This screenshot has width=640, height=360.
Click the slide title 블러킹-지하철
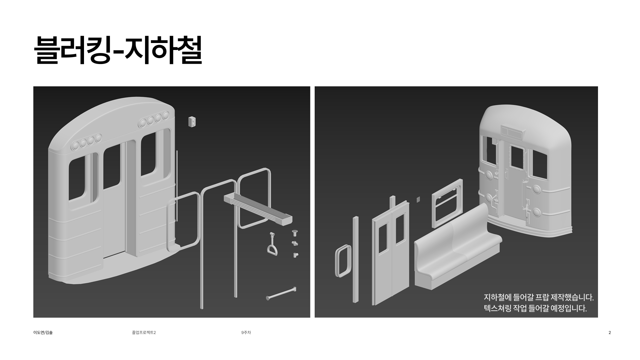[x=118, y=50]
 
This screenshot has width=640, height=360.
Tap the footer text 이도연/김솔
[x=43, y=332]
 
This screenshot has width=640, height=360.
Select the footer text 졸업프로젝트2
[x=144, y=332]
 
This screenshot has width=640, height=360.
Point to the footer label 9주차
[x=246, y=332]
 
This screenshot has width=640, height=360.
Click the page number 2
[x=610, y=332]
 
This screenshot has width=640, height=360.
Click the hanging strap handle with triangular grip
[x=272, y=245]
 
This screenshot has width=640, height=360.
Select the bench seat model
[x=457, y=247]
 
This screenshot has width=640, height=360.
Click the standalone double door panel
[x=391, y=253]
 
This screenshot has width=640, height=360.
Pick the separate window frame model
[x=447, y=203]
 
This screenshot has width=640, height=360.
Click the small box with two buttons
[x=192, y=122]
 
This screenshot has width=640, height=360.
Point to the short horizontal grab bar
[x=281, y=294]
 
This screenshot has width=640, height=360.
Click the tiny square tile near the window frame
[x=418, y=199]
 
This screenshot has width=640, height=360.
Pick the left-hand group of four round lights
[x=86, y=142]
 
